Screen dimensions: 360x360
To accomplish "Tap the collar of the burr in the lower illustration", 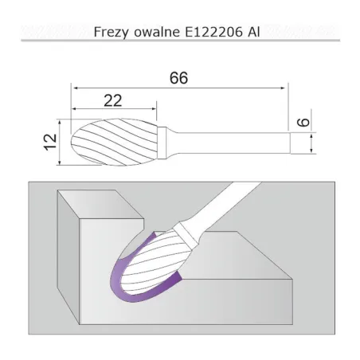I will click(188, 233).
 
